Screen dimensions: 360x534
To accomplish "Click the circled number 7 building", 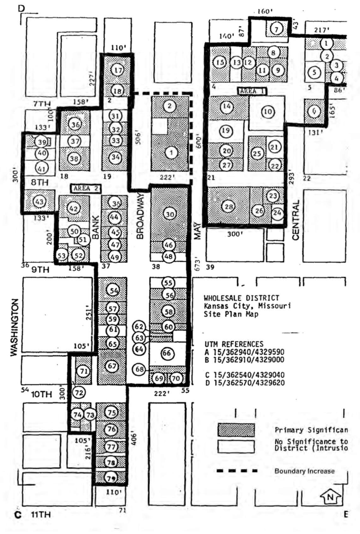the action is [x=276, y=29].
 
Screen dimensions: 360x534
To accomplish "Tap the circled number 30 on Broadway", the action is [x=170, y=214].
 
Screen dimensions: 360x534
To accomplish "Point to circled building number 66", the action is [x=166, y=353].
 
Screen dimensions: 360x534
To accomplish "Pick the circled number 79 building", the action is [x=111, y=478].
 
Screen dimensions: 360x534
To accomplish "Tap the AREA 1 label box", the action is [x=252, y=91].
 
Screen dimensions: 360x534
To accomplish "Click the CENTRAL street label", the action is [x=296, y=220].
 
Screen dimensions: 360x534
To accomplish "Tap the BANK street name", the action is [x=96, y=227].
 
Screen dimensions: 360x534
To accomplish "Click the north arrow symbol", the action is [x=330, y=498].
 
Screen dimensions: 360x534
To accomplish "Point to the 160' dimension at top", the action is [x=264, y=12].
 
